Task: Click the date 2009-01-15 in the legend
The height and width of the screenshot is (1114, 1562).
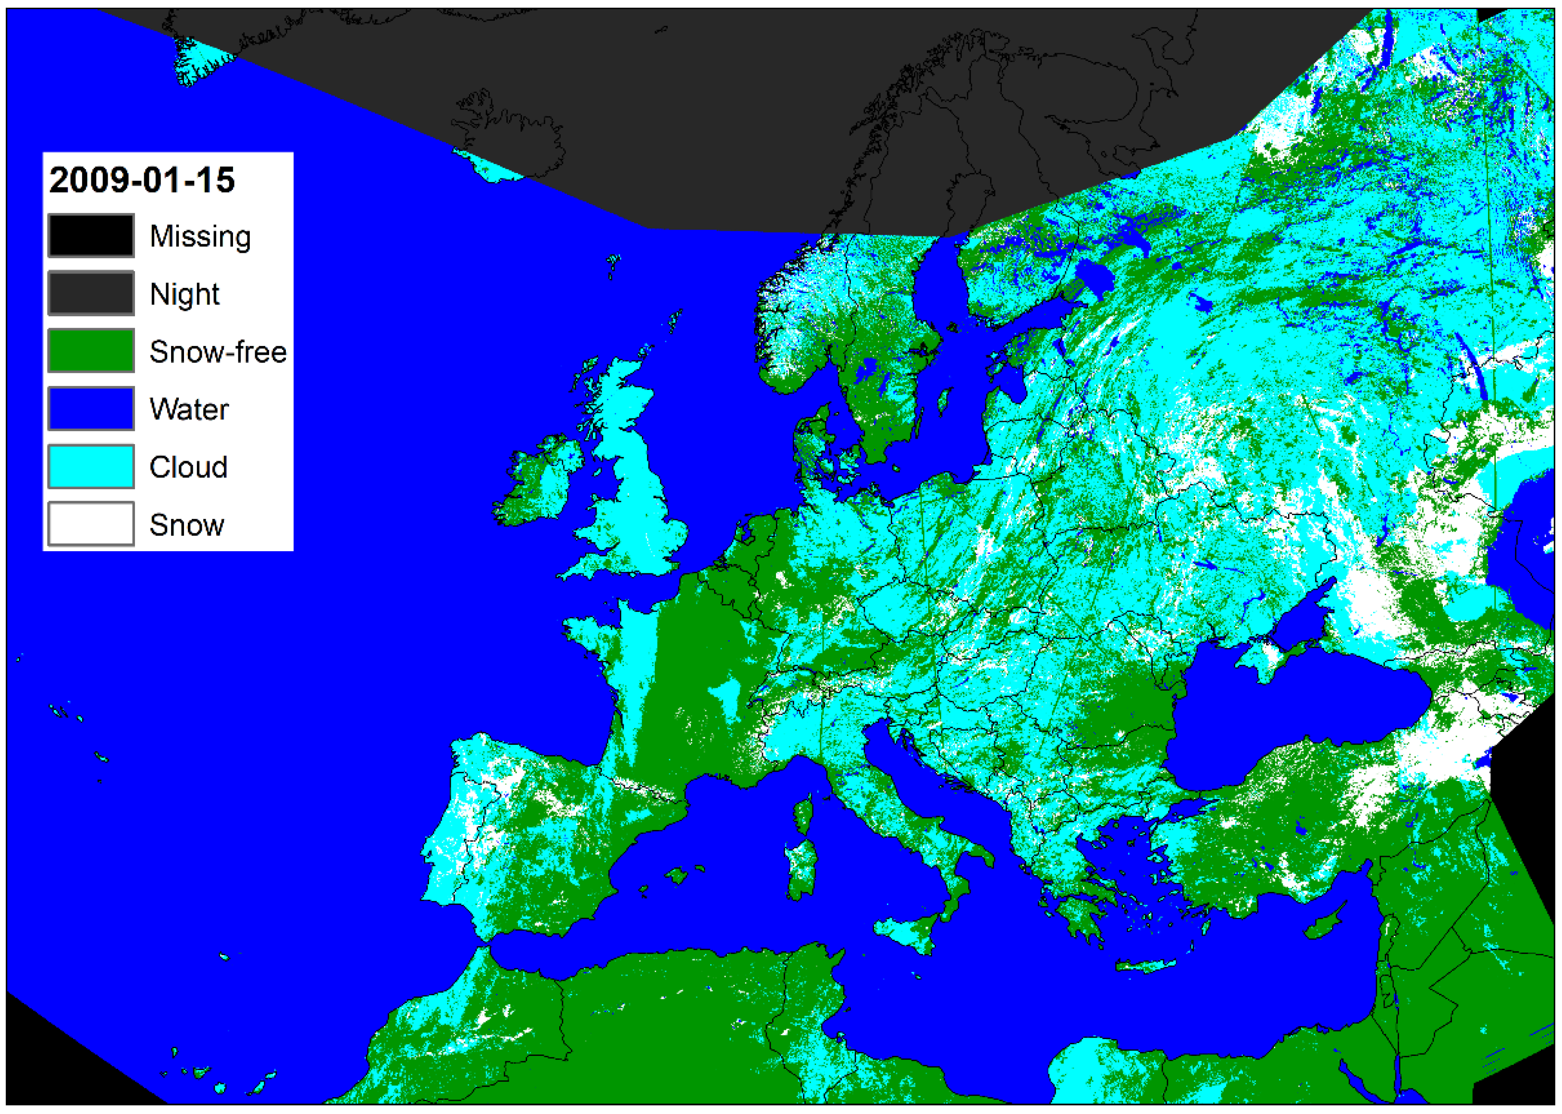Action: coord(142,180)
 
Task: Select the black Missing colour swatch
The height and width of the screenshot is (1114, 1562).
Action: coord(91,235)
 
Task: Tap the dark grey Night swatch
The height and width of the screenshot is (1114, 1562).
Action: coord(91,293)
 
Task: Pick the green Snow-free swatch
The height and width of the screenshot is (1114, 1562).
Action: coord(91,350)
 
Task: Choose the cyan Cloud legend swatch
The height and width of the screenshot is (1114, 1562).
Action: coord(91,467)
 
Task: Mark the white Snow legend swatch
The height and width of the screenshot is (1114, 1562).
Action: coord(91,524)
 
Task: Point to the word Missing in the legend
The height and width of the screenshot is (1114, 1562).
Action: coord(200,236)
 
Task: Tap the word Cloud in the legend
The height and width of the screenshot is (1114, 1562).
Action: coord(188,467)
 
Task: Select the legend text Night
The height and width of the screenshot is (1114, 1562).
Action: coord(184,294)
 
